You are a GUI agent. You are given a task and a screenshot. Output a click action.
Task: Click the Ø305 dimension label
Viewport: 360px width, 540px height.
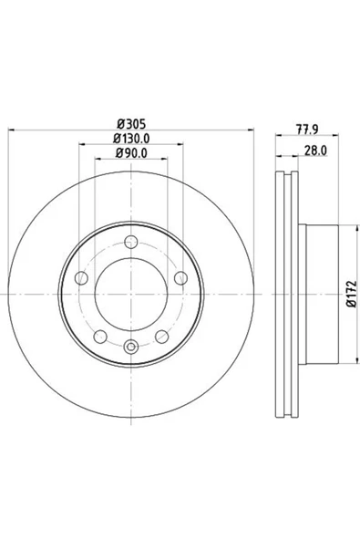(x=131, y=123)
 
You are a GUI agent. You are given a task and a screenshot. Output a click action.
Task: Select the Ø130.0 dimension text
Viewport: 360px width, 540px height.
(x=131, y=139)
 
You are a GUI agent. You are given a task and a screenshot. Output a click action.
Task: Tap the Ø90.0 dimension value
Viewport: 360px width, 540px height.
(x=131, y=153)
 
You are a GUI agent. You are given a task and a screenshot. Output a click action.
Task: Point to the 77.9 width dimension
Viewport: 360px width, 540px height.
(x=307, y=130)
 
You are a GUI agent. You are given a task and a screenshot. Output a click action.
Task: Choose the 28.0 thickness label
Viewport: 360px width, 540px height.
(x=315, y=151)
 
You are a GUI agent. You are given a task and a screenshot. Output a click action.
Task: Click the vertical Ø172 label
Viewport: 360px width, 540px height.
(x=352, y=294)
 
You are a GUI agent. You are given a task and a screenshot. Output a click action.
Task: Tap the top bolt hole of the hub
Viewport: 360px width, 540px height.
(x=131, y=242)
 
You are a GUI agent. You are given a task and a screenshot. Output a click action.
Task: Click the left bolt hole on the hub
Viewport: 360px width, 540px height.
(x=81, y=278)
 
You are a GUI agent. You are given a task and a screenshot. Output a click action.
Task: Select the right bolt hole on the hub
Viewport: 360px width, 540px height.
(x=180, y=278)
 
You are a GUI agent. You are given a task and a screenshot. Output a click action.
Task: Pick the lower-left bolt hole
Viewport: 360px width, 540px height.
(x=100, y=337)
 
